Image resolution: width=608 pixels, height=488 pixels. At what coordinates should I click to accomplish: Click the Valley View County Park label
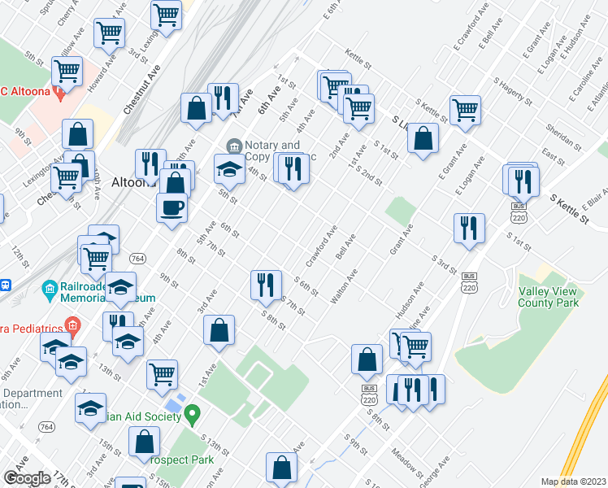549,296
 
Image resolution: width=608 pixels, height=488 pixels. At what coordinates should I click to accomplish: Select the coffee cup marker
172,207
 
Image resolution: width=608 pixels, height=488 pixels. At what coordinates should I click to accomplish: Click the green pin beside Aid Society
192,416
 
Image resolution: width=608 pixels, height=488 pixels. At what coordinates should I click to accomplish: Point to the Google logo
26,478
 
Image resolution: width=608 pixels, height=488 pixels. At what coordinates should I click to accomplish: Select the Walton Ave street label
344,290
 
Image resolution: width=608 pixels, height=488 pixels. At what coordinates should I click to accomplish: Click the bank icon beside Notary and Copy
234,146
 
